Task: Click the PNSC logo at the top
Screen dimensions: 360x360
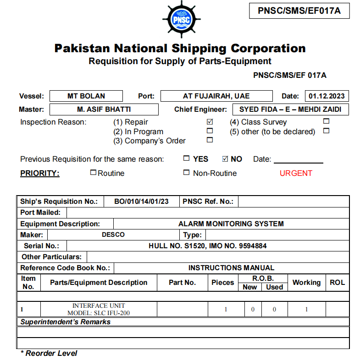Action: (x=181, y=19)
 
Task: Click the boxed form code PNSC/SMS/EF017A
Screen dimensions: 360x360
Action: (x=299, y=11)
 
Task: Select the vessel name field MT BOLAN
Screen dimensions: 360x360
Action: (x=86, y=96)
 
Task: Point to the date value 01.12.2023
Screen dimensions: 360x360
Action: (x=327, y=96)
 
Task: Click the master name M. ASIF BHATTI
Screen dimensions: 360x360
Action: (x=104, y=109)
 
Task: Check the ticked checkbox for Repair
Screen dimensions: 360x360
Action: (x=210, y=122)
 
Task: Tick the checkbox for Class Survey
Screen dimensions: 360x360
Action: (x=327, y=122)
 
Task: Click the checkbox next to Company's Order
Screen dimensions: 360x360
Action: (x=210, y=140)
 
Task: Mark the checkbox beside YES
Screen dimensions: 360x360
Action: (x=186, y=159)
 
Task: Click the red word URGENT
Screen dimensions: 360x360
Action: (x=296, y=173)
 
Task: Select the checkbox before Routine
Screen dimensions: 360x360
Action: (x=93, y=173)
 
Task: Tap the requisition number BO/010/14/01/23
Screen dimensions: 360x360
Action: (x=141, y=202)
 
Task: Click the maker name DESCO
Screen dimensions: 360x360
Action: (x=113, y=235)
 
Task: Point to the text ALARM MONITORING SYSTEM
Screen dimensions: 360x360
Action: (x=231, y=224)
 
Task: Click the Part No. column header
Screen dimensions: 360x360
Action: (x=182, y=283)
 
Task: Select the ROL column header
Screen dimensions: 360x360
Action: (x=337, y=283)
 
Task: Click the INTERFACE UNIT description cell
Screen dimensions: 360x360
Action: (x=99, y=309)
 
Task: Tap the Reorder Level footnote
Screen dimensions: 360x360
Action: (x=49, y=354)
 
